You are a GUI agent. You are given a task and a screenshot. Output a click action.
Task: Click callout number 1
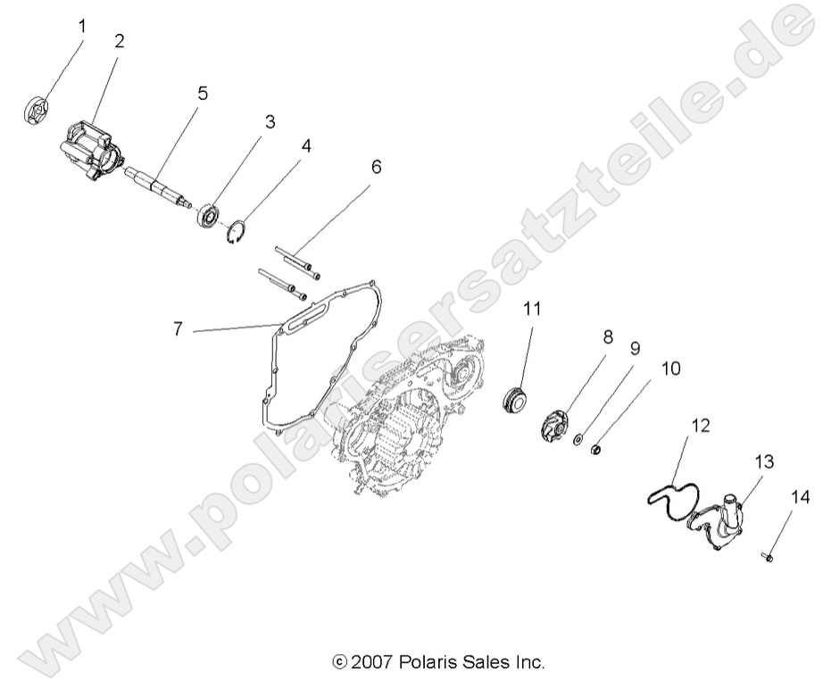(x=82, y=26)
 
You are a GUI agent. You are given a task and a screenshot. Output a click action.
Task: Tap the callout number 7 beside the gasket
(x=179, y=329)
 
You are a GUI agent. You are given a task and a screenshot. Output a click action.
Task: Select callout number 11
(x=532, y=310)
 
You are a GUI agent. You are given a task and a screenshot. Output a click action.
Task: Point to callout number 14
(x=796, y=496)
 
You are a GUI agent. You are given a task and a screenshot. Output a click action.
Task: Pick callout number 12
(x=701, y=427)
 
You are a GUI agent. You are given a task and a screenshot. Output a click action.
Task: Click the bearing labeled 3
(x=210, y=216)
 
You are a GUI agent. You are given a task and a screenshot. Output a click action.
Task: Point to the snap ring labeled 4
(x=236, y=231)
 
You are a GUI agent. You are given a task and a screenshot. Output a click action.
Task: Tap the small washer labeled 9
(x=580, y=439)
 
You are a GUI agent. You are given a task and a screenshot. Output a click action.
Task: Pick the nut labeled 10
(x=600, y=448)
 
